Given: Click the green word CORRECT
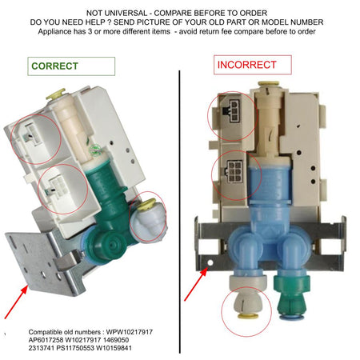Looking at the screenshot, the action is click(54, 66).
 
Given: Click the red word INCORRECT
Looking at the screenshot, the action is click(246, 65).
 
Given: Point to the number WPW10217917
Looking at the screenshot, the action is click(130, 332).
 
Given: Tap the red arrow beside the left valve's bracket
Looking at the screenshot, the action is click(16, 302).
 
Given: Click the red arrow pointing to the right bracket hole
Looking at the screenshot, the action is click(196, 284).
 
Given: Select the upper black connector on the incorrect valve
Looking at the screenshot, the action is click(231, 111).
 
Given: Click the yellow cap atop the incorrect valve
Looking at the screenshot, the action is click(268, 84).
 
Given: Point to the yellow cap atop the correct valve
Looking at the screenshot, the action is click(55, 94).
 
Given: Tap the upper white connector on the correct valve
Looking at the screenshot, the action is click(33, 134).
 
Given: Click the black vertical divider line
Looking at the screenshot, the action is click(180, 212).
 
